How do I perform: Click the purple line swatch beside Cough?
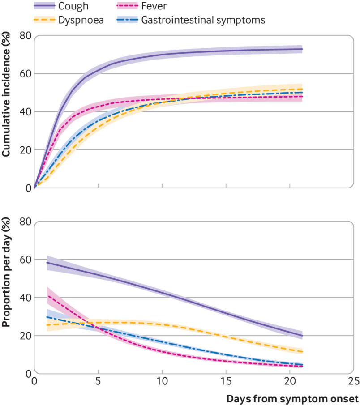tap(44, 6)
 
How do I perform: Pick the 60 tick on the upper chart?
tap(25, 73)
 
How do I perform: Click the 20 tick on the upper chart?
tap(25, 150)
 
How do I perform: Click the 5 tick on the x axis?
tap(98, 381)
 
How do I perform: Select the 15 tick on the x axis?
tap(226, 381)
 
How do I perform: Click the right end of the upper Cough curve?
tap(303, 49)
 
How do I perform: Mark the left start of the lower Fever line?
tap(47, 296)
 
